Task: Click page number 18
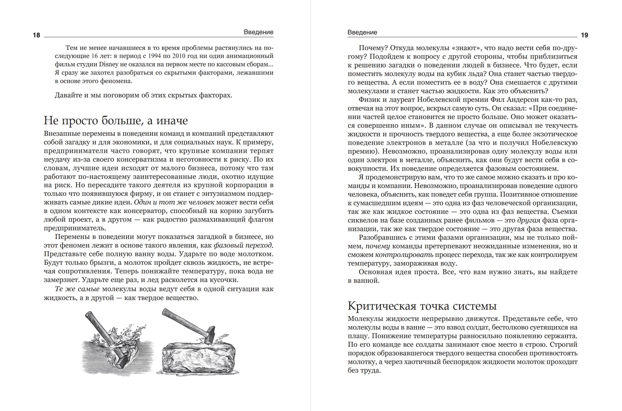(x=37, y=35)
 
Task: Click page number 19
(x=584, y=35)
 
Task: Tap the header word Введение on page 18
(x=258, y=32)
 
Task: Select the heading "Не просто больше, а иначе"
(x=116, y=121)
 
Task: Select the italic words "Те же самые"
(x=77, y=289)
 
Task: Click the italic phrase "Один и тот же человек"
(x=174, y=202)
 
